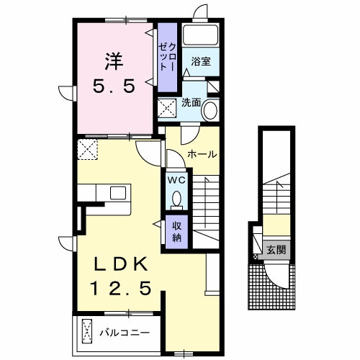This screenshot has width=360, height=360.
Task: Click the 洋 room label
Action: [x=114, y=61]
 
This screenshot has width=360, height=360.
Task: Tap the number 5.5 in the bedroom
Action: [x=114, y=86]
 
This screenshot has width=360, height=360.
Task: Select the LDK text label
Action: [x=121, y=264]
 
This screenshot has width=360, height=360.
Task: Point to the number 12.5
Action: [x=121, y=288]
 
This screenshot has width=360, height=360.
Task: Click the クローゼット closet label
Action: [x=168, y=57]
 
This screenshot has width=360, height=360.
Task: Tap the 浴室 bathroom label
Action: [x=201, y=61]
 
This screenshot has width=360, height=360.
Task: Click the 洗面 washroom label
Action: [x=191, y=103]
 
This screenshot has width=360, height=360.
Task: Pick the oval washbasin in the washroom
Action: [x=210, y=111]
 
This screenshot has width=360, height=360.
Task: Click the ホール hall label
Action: [x=202, y=154]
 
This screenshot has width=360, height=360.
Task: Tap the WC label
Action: [x=176, y=180]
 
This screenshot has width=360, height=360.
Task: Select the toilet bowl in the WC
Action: [x=177, y=199]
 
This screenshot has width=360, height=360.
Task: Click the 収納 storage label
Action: [x=177, y=232]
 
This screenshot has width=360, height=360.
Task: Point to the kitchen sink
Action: [x=118, y=193]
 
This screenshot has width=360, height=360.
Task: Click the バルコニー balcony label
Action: [x=125, y=333]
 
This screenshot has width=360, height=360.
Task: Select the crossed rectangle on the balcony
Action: [x=87, y=331]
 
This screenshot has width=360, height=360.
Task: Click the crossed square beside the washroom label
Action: [x=168, y=107]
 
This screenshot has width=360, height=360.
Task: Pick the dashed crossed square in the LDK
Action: [x=88, y=149]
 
